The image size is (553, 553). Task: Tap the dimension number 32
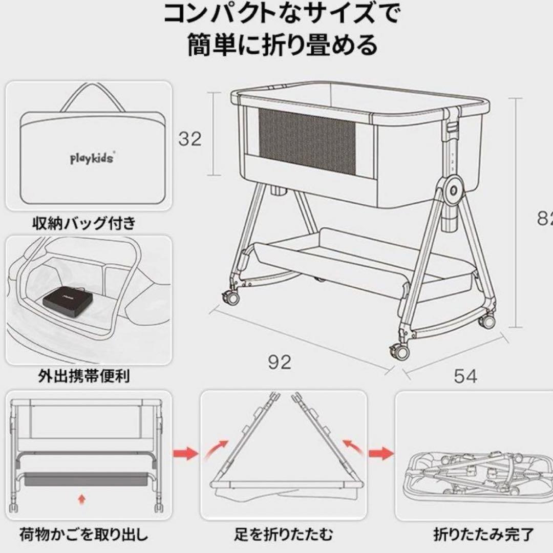pos(189,139)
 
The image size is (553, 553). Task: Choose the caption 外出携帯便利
pos(84,376)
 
